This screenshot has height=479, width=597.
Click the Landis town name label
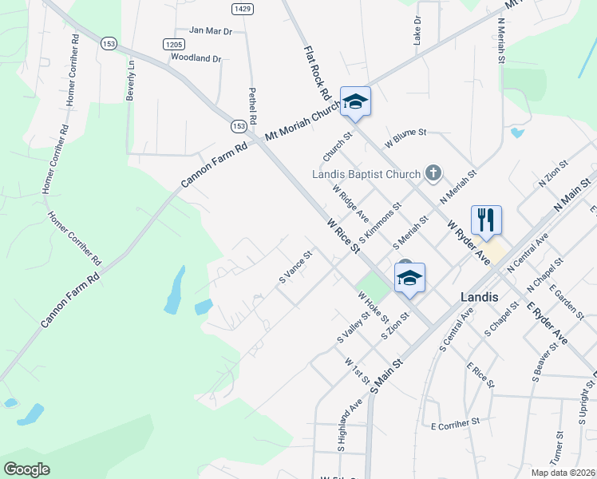click(x=479, y=296)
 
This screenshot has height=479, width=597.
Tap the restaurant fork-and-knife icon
click(x=486, y=220)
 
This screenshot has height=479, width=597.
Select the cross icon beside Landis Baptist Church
click(x=433, y=172)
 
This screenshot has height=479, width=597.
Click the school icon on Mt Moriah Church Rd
click(x=356, y=101)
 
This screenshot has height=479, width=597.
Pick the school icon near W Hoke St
click(x=409, y=278)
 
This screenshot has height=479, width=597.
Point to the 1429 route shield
click(x=243, y=8)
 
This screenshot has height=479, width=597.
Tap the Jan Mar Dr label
click(x=210, y=31)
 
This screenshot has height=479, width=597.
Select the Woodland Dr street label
click(x=196, y=58)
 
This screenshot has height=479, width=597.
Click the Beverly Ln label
click(x=130, y=81)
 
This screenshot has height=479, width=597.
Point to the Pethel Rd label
click(x=252, y=105)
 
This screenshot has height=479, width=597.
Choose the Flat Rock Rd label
click(x=317, y=72)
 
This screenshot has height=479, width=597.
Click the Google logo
click(x=26, y=469)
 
